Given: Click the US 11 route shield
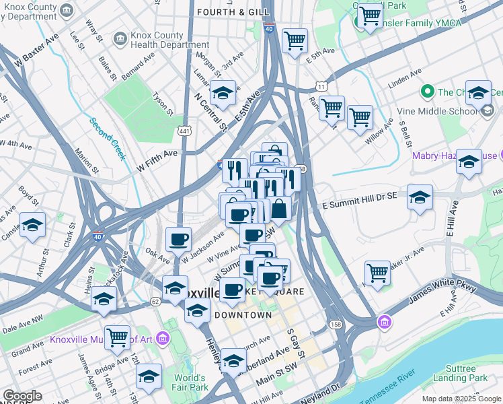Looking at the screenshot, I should click(x=322, y=86).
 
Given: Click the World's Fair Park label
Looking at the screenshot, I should click(x=190, y=382).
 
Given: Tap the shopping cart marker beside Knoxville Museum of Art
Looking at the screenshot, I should click(x=117, y=337).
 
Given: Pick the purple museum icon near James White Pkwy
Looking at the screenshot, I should click(x=384, y=323).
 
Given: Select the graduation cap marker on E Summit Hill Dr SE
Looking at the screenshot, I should click(x=420, y=197).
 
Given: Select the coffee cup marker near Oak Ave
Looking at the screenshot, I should click(x=178, y=240).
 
